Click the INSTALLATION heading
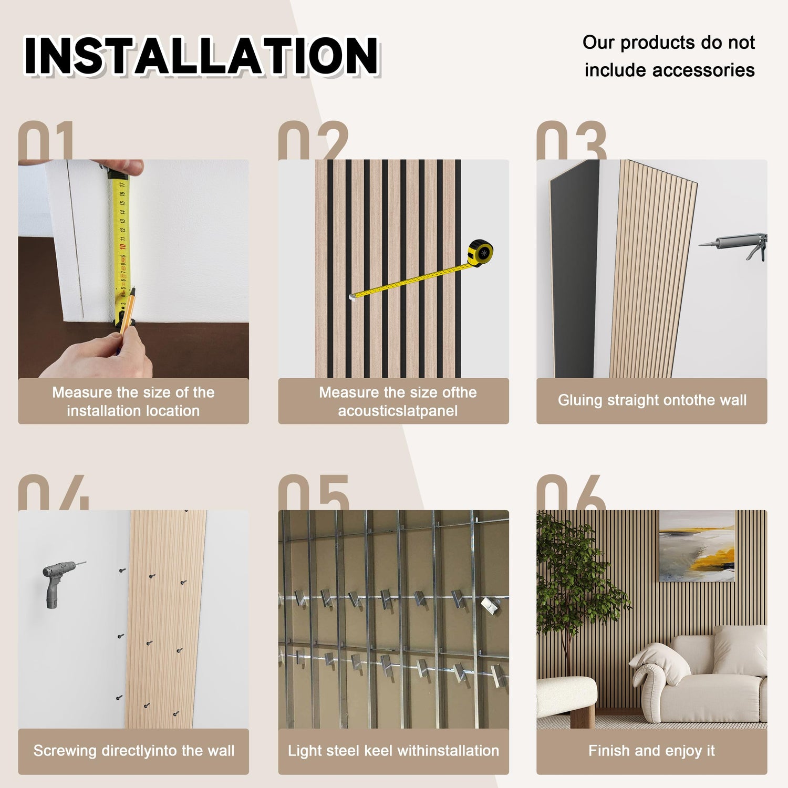click(x=202, y=56)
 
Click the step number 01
click(x=46, y=140)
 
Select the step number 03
click(x=572, y=140)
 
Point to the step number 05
click(x=314, y=492)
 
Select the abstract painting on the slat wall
click(x=697, y=546)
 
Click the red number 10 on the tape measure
click(x=122, y=246)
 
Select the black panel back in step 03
click(x=574, y=268)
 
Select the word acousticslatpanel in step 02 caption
click(x=398, y=411)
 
